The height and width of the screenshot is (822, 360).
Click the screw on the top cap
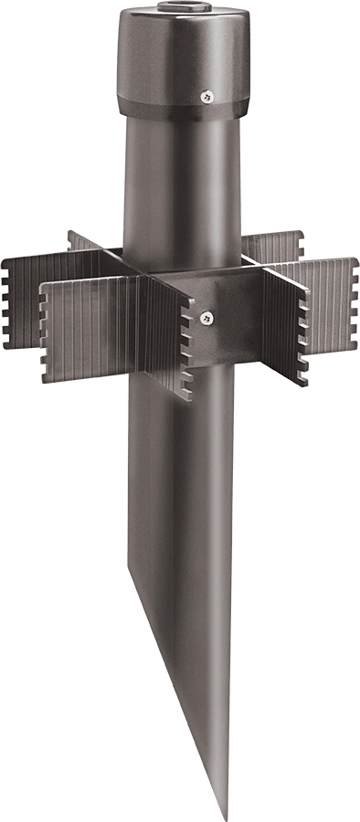coord(206,94)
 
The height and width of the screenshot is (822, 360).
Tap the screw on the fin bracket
coord(206,317)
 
